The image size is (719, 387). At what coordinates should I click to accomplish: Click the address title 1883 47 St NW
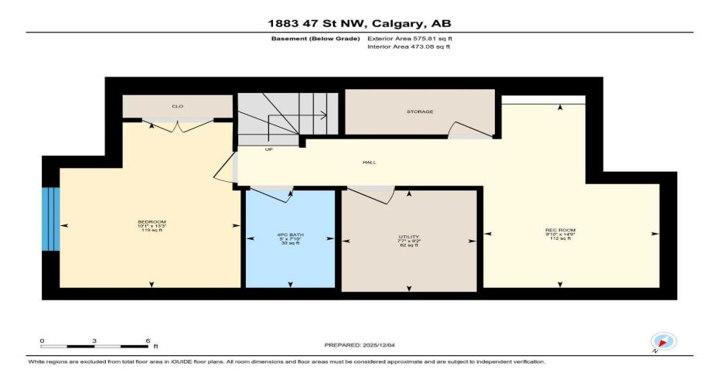tap(359, 22)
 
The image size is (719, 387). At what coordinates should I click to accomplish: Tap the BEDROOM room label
tap(152, 222)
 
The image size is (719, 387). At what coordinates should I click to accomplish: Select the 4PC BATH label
tap(290, 235)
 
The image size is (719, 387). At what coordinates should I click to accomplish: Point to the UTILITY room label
tap(409, 236)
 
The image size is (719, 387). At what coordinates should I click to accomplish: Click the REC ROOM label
tap(557, 230)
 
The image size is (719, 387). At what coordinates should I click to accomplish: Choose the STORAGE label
tap(420, 111)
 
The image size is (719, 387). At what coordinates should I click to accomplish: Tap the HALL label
tap(370, 163)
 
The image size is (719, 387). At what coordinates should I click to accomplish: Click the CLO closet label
tap(177, 106)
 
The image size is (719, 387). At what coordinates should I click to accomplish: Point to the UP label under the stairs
tap(268, 149)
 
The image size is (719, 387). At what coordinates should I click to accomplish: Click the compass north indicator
tap(663, 341)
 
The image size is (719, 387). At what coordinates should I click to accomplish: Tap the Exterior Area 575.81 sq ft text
tap(409, 37)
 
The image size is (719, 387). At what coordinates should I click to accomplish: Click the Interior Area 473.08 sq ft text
tap(408, 46)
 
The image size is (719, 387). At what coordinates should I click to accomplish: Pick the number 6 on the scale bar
tap(147, 340)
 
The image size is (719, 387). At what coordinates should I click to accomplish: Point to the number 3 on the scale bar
tap(94, 340)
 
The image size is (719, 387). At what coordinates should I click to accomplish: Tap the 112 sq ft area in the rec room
tap(557, 239)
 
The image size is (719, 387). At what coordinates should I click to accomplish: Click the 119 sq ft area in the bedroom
tap(152, 231)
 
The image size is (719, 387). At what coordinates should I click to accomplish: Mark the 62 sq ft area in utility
tap(409, 245)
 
